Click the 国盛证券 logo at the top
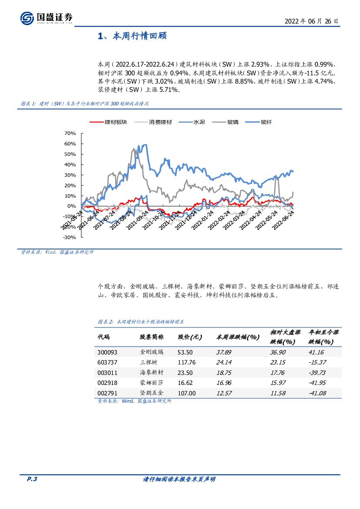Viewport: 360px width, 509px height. coord(46,18)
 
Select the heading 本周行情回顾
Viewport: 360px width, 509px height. coord(132,36)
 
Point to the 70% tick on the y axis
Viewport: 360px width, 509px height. coord(70,133)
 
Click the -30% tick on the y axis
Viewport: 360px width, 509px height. coord(69,238)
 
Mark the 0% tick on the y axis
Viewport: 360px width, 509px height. coord(72,206)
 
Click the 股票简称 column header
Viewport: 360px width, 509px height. coord(151,337)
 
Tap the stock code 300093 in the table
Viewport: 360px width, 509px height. coord(108,352)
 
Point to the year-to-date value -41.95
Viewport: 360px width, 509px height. coord(317,383)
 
